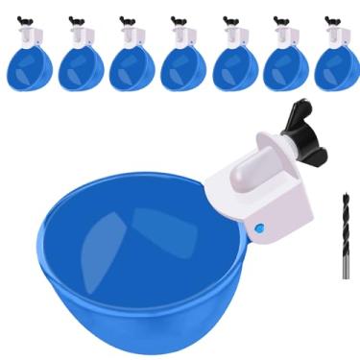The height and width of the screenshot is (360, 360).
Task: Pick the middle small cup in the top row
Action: [181, 67]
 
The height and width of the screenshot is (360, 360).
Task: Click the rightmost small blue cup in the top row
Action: [335, 67]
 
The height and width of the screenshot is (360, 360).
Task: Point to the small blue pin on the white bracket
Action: [260, 228]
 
